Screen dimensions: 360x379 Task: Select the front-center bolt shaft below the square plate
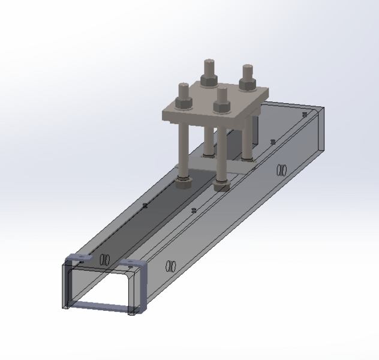221,150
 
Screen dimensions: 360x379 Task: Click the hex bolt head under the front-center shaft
221,184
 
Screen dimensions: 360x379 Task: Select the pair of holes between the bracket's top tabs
104,260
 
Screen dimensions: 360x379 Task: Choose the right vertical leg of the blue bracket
143,291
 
